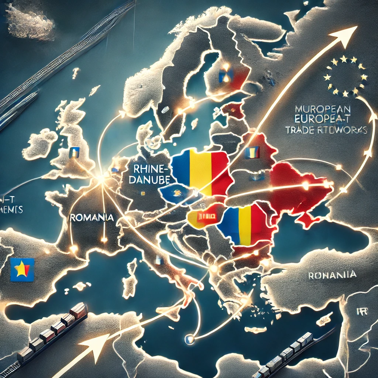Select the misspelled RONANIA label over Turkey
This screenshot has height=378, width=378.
tap(332, 275)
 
